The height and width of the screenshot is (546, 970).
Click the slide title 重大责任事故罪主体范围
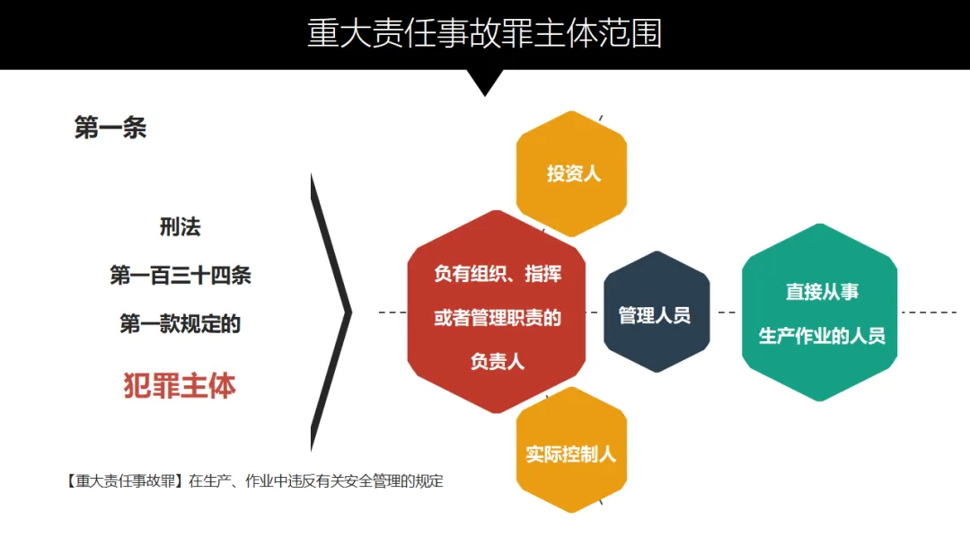coord(485,33)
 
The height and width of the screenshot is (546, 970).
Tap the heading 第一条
coord(110,128)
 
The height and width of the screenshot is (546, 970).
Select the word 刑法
coord(180,228)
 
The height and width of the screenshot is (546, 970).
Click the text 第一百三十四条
coord(180,276)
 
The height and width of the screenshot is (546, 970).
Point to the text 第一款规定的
coord(180,323)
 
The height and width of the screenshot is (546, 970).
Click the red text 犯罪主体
coord(180,385)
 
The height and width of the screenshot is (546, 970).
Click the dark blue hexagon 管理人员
coord(655,315)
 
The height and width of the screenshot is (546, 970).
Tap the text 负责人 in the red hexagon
coord(497,361)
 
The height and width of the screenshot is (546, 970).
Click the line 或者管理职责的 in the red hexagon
coord(497,318)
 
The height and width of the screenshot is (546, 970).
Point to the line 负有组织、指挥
coord(497,274)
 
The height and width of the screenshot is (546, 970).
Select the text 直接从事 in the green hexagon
coord(821,293)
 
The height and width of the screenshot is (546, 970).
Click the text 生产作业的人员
coord(821,336)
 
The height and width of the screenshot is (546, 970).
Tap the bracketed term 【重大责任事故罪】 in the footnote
coord(126,481)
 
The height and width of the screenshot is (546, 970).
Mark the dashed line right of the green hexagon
coord(934,313)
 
